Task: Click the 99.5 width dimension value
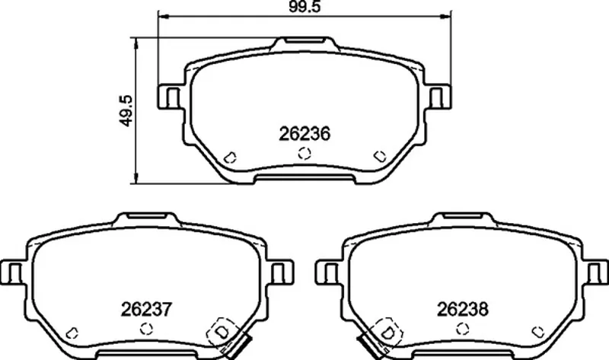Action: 305,7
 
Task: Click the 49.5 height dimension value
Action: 126,110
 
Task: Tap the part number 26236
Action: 304,135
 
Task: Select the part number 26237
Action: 146,310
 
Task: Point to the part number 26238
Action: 463,310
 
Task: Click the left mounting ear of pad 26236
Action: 169,97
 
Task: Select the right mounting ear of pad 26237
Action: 281,272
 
